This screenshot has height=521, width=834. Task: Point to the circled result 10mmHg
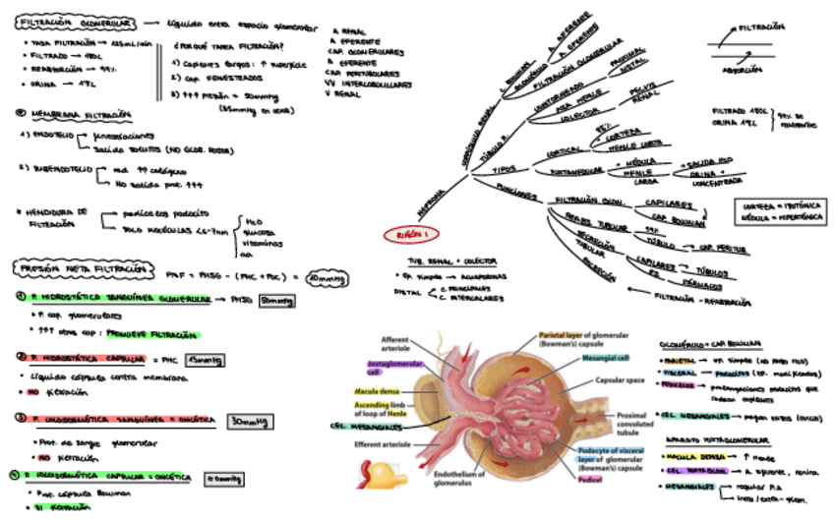(327, 279)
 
